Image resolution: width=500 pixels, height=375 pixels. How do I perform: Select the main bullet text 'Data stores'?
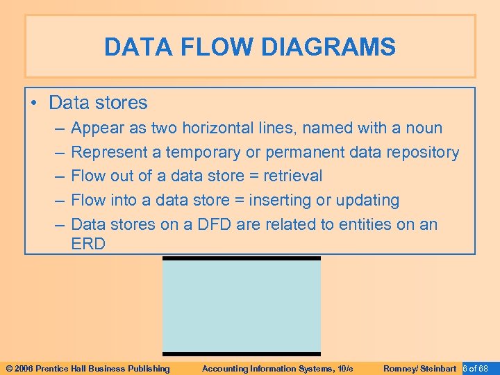[x=98, y=103]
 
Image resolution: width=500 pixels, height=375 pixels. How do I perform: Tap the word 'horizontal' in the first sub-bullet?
[x=214, y=128]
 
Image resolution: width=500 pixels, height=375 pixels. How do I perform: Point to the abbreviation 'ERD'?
[x=88, y=244]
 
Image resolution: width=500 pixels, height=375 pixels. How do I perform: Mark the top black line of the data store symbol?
[x=242, y=258]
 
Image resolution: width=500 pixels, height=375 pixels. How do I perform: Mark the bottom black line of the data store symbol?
[x=242, y=353]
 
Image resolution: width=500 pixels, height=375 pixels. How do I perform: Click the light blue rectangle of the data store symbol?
[x=242, y=306]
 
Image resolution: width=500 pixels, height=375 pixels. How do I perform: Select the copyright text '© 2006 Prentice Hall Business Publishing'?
[x=87, y=368]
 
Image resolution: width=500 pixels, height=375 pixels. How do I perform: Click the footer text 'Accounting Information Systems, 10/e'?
[x=278, y=368]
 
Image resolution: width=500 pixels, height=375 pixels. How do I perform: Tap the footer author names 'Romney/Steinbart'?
[x=419, y=368]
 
